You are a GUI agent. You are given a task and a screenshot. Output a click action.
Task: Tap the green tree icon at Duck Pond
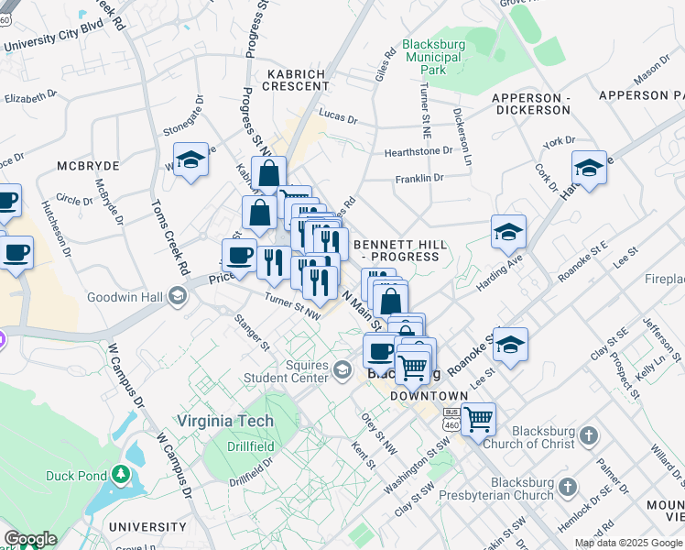point(120,475)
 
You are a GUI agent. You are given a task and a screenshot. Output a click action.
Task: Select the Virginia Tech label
point(224,421)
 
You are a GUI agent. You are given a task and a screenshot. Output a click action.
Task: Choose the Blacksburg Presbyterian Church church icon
point(569,486)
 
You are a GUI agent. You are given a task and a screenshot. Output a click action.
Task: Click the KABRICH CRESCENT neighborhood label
point(297,80)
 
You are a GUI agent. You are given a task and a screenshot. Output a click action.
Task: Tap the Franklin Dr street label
point(419,178)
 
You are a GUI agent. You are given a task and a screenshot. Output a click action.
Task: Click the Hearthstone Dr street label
point(419,150)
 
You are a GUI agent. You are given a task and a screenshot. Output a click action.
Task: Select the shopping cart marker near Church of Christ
point(477,420)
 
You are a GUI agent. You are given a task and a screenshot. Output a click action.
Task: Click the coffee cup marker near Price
point(239,255)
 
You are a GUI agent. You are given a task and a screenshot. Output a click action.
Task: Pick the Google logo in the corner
point(31,539)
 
